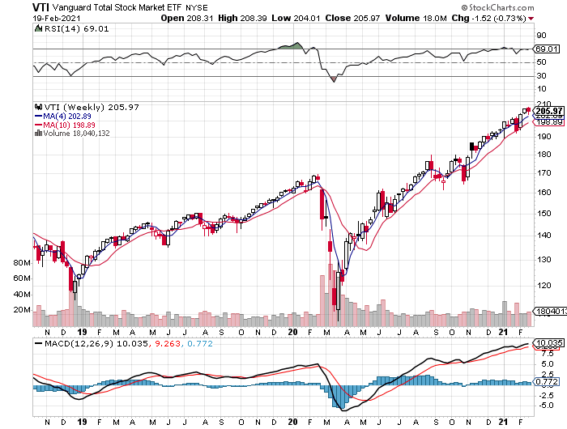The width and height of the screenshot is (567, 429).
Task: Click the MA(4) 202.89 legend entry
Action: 68,117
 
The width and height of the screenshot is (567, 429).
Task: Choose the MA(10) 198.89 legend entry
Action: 70,125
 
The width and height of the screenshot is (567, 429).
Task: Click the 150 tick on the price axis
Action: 542,213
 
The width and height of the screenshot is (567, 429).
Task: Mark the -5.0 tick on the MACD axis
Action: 543,406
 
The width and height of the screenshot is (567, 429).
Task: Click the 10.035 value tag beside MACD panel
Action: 548,344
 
